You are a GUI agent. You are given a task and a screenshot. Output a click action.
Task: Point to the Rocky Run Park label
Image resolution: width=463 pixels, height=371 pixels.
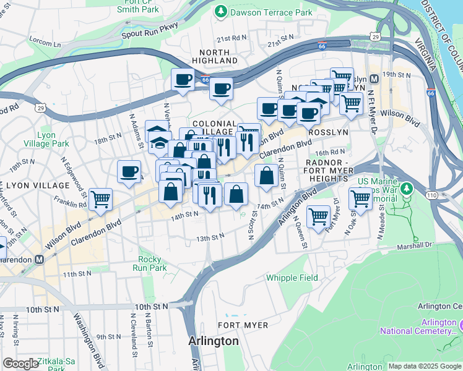point(150,263)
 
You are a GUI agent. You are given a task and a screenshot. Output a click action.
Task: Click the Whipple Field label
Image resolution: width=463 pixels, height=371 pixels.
point(290,278)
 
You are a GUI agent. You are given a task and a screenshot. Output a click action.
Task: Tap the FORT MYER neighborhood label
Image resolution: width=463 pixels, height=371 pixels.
point(243,325)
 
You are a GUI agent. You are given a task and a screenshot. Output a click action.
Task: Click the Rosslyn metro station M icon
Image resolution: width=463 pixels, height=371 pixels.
point(374,79)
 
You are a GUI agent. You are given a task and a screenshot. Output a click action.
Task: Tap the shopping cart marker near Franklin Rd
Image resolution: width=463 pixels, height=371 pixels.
point(100,200)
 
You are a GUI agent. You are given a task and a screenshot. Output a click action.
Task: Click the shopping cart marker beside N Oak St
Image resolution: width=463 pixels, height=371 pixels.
point(360,198)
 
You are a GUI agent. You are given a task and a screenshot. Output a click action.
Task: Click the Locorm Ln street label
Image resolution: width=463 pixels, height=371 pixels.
point(45,43)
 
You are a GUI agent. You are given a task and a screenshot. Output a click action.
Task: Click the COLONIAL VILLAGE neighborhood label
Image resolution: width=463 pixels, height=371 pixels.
point(214,128)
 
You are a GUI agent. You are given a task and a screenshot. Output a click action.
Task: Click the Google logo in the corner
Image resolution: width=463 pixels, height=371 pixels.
point(20,364)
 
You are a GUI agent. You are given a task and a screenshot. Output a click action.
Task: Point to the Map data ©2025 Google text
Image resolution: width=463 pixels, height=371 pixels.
point(424,366)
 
